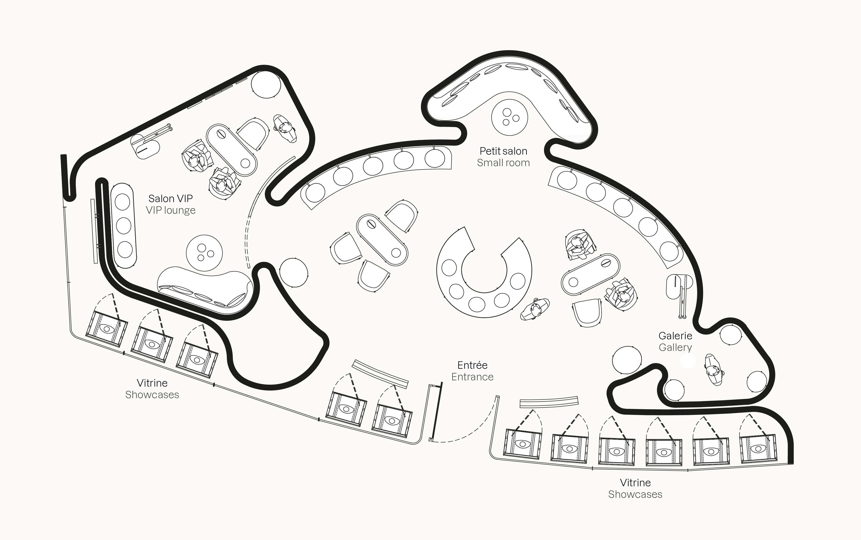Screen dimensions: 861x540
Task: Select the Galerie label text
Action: [x=675, y=336]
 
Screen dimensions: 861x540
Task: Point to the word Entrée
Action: [x=472, y=365]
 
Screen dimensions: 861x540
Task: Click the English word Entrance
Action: [x=472, y=377]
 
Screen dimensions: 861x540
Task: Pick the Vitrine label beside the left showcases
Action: [x=152, y=383]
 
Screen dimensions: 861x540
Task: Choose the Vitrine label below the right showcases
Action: [x=635, y=483]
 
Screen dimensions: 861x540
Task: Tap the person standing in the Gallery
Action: [x=714, y=370]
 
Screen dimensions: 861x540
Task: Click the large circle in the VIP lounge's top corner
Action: [x=266, y=84]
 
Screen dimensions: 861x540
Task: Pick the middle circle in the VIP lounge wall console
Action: [x=124, y=226]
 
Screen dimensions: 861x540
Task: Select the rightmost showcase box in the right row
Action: [x=758, y=449]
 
